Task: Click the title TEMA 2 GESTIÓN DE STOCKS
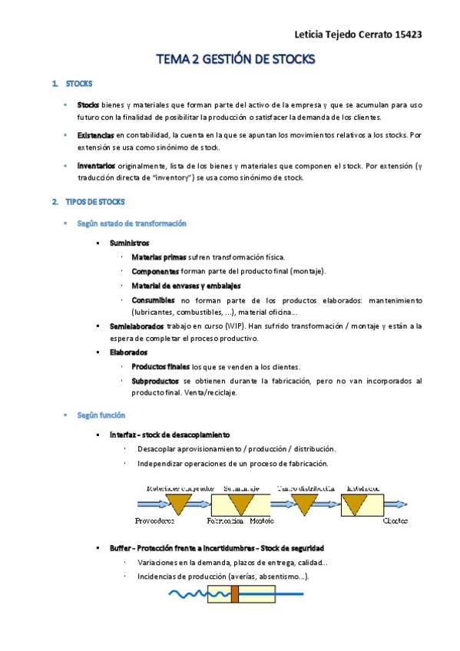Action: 235,59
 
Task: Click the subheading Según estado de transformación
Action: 132,223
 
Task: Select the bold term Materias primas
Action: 159,257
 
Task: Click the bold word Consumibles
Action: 154,299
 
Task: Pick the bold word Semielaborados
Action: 137,326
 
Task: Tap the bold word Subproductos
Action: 156,381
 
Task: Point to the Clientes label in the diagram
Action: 395,520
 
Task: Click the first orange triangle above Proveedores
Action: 180,503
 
